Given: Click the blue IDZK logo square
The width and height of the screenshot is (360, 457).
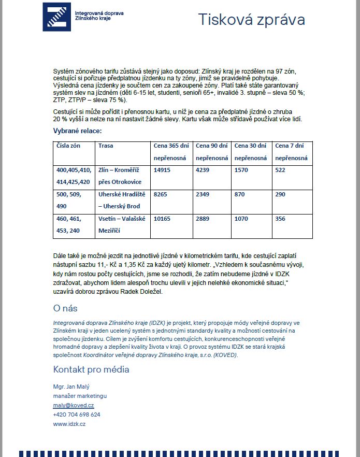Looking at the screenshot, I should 56,17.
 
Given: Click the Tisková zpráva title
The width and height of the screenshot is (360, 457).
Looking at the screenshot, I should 252,20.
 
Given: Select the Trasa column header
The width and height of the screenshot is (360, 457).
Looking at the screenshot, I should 106,146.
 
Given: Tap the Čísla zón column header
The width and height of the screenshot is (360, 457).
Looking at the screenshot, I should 69,146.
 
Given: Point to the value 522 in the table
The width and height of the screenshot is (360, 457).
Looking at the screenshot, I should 281,169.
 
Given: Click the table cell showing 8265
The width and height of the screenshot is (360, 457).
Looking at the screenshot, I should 161,194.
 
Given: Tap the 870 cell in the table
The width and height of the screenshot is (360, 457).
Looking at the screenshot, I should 240,194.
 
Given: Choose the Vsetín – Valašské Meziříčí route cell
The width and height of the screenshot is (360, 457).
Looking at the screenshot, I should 122,225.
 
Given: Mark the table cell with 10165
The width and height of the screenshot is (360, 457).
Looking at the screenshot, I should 162,219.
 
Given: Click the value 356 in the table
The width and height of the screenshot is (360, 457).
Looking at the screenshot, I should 281,219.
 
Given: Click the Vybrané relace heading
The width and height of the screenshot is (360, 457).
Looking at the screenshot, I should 77,131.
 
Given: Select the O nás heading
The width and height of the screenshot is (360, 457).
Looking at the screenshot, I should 65,308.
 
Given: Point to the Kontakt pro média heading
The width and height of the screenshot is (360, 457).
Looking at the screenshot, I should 91,369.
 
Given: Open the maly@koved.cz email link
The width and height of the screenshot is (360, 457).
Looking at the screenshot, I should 73,405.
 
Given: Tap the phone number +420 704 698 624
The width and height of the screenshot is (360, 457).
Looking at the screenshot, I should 77,415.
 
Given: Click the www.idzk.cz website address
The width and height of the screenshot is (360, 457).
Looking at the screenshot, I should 69,424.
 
